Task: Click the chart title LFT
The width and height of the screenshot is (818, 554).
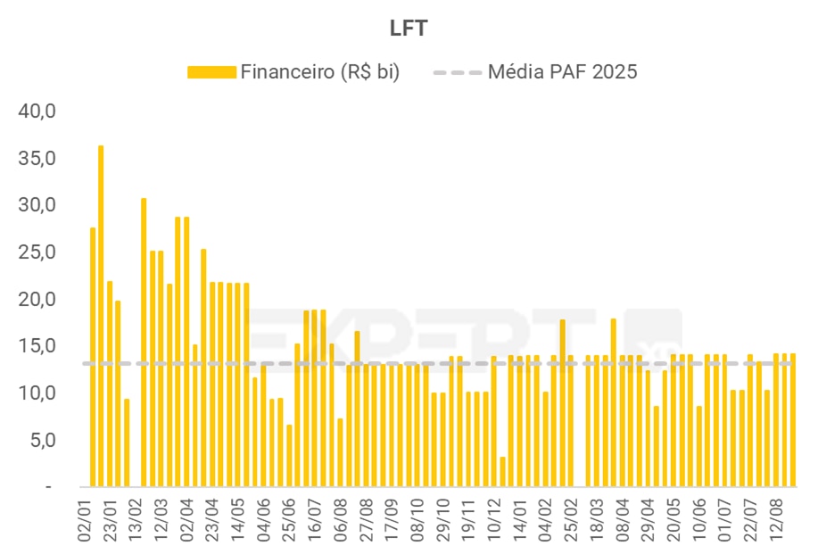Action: [x=409, y=29]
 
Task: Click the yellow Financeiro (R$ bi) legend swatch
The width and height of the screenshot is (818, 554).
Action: [x=211, y=72]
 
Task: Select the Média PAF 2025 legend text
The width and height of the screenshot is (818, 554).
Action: [x=562, y=72]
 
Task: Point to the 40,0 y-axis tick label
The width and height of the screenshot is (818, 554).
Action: [x=37, y=112]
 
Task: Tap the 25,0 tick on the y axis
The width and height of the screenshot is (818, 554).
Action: [x=37, y=252]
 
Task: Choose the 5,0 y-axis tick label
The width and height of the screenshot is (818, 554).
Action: [x=42, y=440]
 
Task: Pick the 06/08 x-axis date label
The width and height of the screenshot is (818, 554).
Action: [x=340, y=517]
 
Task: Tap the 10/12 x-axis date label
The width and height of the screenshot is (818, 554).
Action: [x=492, y=517]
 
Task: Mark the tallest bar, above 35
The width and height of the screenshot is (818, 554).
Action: [x=101, y=316]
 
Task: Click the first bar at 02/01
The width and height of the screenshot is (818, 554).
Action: [x=92, y=357]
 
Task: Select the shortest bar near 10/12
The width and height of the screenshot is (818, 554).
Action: [x=503, y=472]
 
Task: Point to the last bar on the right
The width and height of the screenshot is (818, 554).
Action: [x=793, y=420]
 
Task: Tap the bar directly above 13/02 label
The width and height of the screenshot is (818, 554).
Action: [x=144, y=343]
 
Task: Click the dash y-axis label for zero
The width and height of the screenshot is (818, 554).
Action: [x=49, y=487]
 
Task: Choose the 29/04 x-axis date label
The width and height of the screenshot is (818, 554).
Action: [x=646, y=517]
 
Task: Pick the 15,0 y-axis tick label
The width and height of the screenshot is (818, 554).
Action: [x=37, y=346]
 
